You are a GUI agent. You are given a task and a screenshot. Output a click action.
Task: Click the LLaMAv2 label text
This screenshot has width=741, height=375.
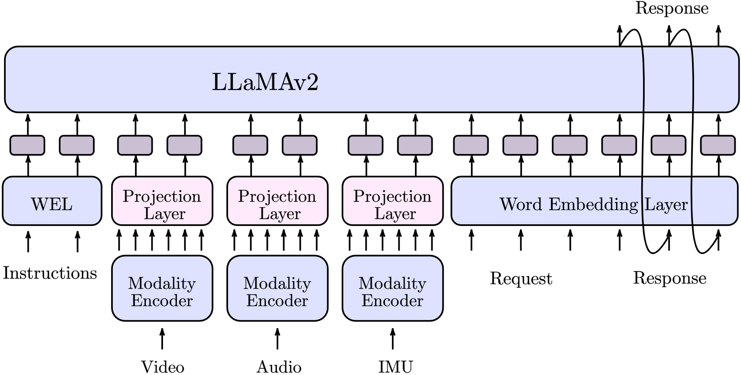265,82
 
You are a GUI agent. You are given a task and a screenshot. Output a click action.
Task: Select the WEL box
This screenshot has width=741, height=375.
52,201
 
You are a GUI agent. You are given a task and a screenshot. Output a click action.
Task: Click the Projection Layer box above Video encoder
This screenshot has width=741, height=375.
162,201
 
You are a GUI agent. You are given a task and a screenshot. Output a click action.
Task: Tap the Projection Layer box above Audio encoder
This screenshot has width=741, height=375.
277,201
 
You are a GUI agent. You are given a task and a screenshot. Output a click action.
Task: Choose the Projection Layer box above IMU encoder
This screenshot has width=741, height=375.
393,201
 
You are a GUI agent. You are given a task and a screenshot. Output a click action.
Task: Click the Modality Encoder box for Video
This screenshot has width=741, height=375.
162,289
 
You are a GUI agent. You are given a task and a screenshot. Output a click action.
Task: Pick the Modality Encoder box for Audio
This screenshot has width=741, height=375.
277,289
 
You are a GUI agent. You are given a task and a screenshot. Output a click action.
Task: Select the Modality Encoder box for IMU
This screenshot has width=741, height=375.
393,289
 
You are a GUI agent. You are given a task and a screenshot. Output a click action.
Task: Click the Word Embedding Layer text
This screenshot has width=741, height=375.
593,204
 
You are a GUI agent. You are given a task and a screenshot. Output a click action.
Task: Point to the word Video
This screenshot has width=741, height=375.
163,366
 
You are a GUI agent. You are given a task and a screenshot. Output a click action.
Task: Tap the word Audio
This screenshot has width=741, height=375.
279,366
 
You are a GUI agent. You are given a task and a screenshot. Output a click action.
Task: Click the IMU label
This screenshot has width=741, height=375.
395,366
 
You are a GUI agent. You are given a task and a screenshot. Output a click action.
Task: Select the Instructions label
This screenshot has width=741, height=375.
50,273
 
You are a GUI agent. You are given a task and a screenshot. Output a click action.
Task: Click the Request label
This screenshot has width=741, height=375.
521,279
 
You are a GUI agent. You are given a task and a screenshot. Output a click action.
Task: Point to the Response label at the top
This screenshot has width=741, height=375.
671,8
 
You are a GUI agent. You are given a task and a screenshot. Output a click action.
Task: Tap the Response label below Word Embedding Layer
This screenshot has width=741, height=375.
669,278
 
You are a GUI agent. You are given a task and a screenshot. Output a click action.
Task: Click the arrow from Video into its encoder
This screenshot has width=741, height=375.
162,338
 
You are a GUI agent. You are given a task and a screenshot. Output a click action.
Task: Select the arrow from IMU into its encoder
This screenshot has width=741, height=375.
393,338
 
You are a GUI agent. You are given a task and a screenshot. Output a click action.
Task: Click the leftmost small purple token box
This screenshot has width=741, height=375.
27,145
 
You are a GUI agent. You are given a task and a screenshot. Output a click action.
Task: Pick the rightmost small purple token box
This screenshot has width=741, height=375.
718,145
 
